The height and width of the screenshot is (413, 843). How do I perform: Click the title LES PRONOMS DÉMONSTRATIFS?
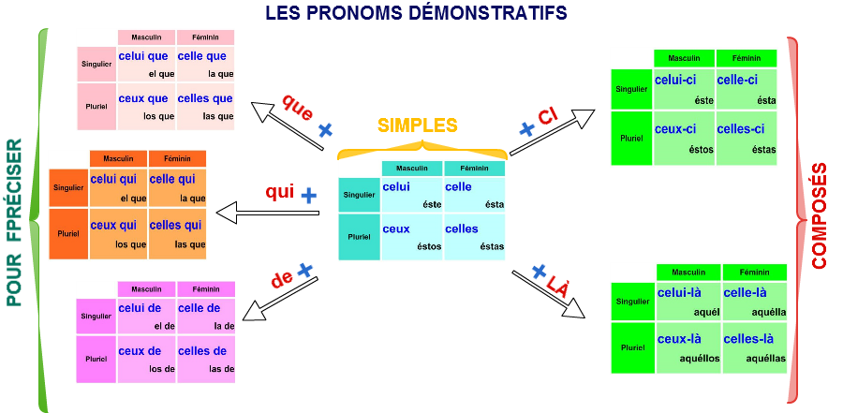point(416,12)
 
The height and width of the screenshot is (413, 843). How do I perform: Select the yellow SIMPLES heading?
point(418,125)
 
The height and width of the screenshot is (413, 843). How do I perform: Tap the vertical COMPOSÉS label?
point(820,216)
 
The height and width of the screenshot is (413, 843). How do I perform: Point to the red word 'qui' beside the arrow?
point(279,192)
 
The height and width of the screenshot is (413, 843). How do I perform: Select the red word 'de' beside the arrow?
point(281,279)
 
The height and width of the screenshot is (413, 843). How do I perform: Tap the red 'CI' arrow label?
point(547,117)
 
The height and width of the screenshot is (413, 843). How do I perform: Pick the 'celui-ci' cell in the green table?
point(684,90)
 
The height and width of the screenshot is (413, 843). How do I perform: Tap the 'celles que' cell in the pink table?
point(204,107)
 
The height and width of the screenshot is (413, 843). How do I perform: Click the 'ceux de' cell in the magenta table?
point(145,360)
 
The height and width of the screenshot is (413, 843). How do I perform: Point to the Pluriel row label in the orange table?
point(67,234)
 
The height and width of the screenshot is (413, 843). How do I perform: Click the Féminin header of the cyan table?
point(474,169)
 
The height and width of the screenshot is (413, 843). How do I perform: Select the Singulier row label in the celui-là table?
point(632,302)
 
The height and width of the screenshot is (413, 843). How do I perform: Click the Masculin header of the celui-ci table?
point(684,58)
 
